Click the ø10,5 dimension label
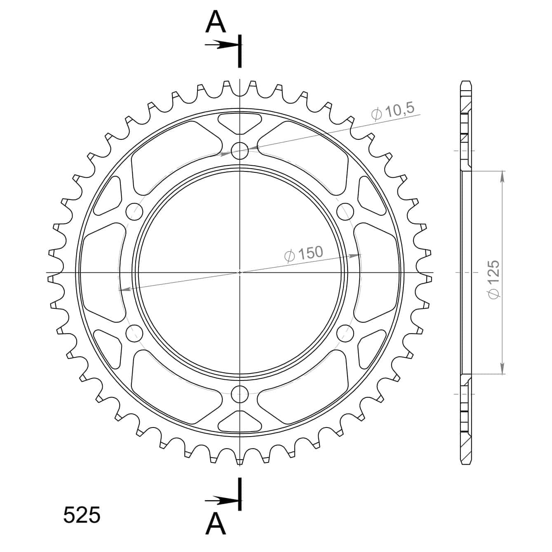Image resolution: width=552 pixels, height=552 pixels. [x=393, y=111]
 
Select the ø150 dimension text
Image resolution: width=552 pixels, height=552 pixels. [x=303, y=254]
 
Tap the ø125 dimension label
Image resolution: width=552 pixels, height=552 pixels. [x=494, y=280]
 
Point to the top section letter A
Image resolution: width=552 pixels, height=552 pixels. [x=216, y=22]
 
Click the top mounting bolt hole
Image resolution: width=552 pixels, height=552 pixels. [x=240, y=150]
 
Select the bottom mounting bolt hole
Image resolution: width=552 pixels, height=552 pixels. [x=240, y=394]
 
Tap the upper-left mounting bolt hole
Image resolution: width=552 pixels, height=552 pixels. [x=134, y=212]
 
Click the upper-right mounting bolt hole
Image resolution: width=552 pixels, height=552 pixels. [x=345, y=212]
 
